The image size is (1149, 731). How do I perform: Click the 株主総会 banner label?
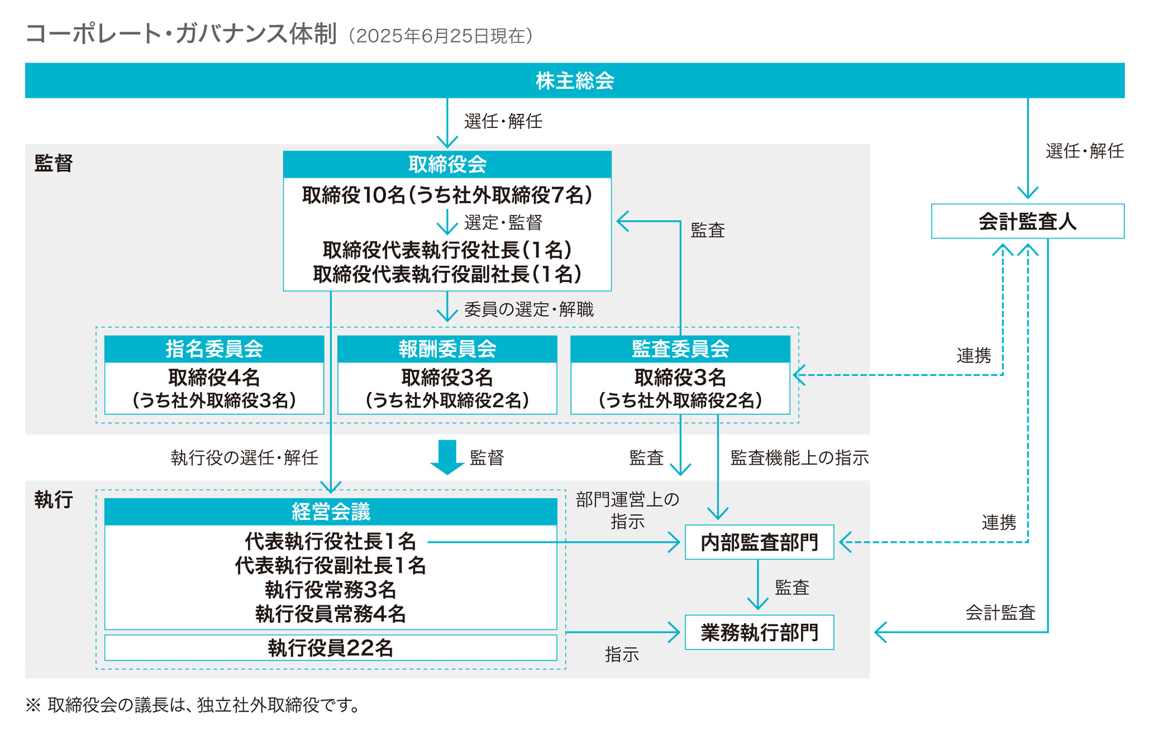tap(574, 81)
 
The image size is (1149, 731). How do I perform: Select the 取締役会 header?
tap(447, 165)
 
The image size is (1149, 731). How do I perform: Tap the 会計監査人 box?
tap(1027, 221)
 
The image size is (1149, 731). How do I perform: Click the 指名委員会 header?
tap(214, 349)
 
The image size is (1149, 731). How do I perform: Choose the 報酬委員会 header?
tap(447, 349)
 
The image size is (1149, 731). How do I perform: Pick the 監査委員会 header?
tap(680, 349)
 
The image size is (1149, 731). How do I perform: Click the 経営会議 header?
tap(330, 512)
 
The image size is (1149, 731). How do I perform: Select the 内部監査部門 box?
tap(759, 542)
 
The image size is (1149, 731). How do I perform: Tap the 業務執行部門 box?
tap(759, 632)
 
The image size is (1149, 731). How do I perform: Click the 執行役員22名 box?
tap(330, 648)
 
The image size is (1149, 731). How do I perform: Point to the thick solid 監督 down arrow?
tap(446, 457)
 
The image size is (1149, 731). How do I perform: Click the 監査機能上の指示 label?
tap(799, 458)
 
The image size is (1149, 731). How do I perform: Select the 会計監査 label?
tap(1000, 612)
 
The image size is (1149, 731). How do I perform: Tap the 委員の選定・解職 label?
tap(529, 310)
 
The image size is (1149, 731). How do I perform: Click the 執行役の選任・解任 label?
tap(244, 458)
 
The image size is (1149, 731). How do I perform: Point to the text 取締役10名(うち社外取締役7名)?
tap(447, 195)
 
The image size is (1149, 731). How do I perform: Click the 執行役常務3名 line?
tap(330, 590)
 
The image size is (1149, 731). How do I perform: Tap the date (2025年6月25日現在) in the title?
tap(440, 36)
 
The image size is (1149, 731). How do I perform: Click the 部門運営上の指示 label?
tap(627, 510)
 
